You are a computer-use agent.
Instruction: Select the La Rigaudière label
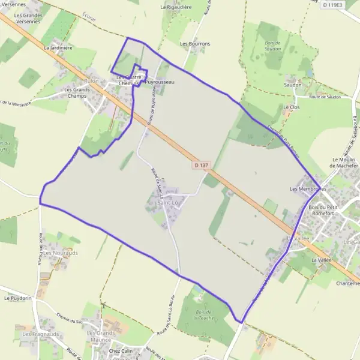click(175, 7)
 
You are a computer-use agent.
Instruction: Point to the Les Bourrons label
click(195, 44)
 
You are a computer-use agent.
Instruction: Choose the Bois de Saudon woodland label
click(273, 46)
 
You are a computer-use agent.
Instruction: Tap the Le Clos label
click(291, 107)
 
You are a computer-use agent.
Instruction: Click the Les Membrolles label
click(307, 189)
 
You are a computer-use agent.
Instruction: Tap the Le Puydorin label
click(17, 298)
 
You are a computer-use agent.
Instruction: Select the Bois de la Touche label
click(205, 314)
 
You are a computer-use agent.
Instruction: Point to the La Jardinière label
click(58, 47)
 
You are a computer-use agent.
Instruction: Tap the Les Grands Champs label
click(76, 92)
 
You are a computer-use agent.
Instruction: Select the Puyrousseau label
click(160, 82)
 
